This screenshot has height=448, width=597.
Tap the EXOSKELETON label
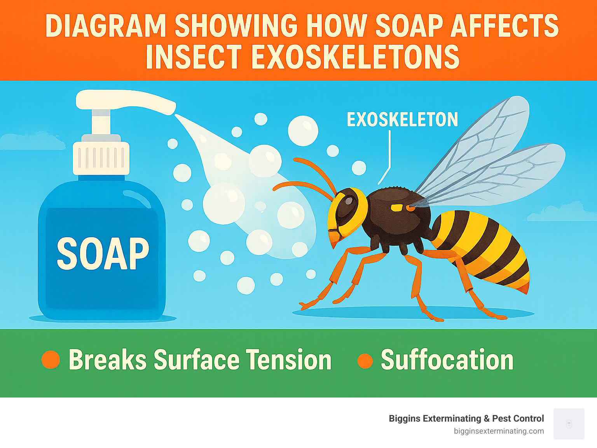tap(402, 120)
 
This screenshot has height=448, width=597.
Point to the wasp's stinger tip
tap(526, 289)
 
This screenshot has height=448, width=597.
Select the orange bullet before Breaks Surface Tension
tap(51, 359)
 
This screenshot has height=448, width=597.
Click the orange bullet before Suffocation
tap(365, 361)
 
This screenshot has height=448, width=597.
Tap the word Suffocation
tap(447, 360)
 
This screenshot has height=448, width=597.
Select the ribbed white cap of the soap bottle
tap(101, 158)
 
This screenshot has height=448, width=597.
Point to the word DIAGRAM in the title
tap(105, 26)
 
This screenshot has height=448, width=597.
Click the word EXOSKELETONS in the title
tap(355, 57)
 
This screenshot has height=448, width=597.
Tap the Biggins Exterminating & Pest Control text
tap(466, 418)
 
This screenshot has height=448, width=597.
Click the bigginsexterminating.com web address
tap(499, 431)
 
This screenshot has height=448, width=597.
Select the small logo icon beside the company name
tap(569, 424)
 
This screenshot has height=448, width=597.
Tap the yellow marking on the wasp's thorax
tap(397, 208)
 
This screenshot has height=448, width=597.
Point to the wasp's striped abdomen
tap(482, 248)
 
